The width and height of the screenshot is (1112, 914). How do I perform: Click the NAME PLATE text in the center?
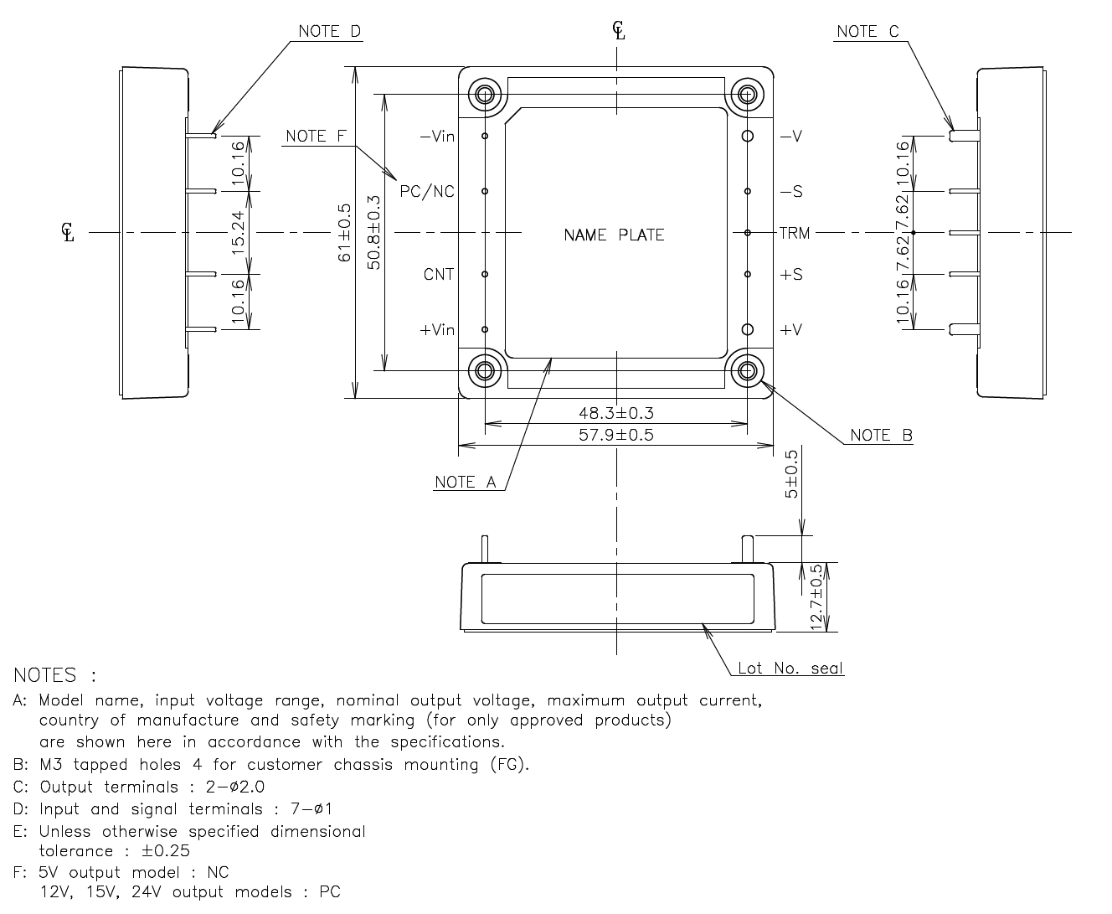click(x=614, y=235)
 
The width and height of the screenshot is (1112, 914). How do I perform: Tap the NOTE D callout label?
click(x=330, y=32)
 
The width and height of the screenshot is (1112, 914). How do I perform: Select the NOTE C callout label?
click(x=867, y=32)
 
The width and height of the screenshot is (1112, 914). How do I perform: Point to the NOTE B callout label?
click(x=881, y=435)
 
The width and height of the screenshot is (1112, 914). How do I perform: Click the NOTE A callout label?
click(x=466, y=482)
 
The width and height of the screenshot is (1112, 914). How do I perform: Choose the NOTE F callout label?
click(x=316, y=137)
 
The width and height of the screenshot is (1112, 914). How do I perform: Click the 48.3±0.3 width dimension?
click(x=615, y=413)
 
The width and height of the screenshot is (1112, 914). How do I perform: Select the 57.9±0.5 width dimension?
click(x=615, y=435)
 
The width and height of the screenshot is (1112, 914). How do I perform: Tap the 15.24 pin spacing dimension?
click(x=238, y=232)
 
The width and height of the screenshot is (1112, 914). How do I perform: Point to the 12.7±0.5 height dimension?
click(x=817, y=596)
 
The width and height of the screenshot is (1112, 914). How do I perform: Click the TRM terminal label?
click(x=795, y=233)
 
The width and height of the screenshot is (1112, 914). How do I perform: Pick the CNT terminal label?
click(x=439, y=275)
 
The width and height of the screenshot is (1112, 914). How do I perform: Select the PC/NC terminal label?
click(x=427, y=192)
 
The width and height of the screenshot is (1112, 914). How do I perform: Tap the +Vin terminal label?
click(x=436, y=330)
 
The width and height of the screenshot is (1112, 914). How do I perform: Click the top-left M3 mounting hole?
click(x=486, y=94)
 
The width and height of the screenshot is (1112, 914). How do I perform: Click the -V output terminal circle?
click(x=748, y=136)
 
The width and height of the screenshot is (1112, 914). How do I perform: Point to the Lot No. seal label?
click(x=790, y=669)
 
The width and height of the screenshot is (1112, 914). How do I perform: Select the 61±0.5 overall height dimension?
click(x=344, y=233)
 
